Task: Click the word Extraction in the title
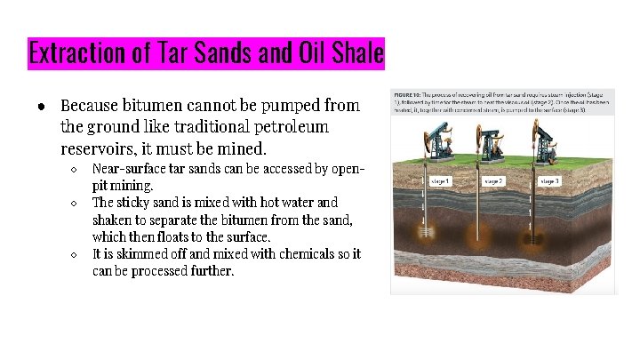78,53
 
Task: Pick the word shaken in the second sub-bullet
113,220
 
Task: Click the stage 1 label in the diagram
441,180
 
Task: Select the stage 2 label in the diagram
494,180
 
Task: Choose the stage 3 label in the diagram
549,180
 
